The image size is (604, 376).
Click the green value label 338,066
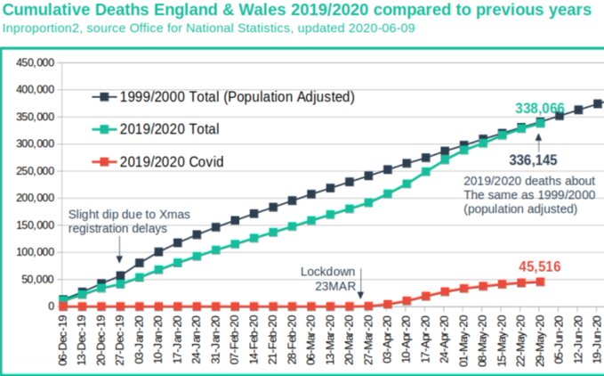tap(540, 109)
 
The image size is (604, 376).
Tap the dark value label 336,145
tap(539, 161)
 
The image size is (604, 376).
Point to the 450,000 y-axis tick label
tap(33, 62)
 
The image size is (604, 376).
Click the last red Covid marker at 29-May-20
tap(540, 282)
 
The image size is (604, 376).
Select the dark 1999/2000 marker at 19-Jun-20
tap(597, 103)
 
